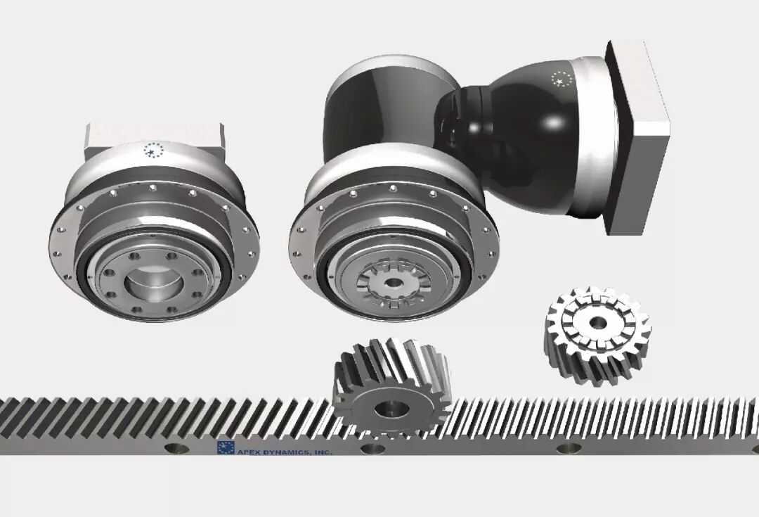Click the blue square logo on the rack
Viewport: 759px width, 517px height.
point(226,448)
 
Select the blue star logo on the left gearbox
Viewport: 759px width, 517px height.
point(154,151)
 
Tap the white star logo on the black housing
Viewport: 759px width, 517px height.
point(562,79)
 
